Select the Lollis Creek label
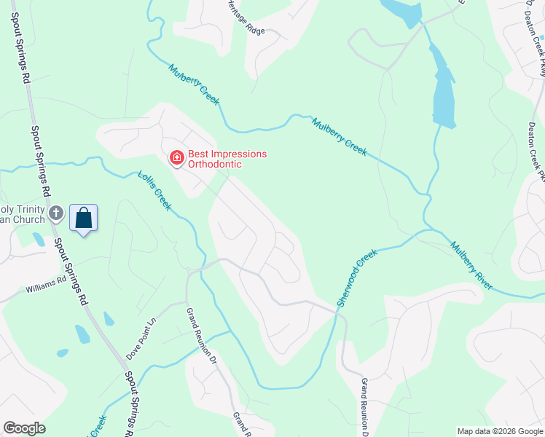click(154, 191)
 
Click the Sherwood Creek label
click(357, 277)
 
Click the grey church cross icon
click(57, 213)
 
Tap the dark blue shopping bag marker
click(83, 219)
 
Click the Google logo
click(24, 428)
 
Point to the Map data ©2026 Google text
click(499, 431)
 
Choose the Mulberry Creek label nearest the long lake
click(339, 136)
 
